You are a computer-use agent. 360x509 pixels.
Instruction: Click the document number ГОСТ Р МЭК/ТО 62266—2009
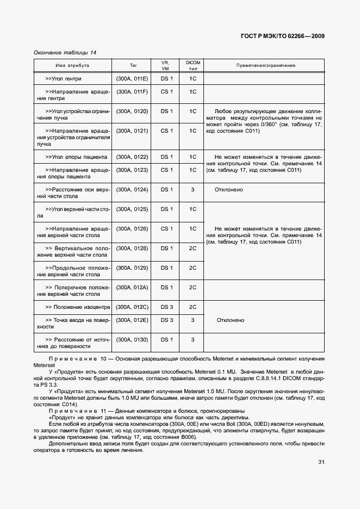(x=283, y=36)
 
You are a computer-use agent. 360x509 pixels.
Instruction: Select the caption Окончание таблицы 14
(x=65, y=52)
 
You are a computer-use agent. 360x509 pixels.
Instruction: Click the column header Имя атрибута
(x=72, y=65)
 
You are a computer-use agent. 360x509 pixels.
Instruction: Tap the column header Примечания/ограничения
(x=265, y=65)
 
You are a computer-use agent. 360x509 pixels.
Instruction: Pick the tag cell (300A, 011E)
(x=132, y=79)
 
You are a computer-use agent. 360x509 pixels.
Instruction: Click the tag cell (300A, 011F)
(x=132, y=92)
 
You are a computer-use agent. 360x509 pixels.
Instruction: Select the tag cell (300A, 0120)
(x=132, y=111)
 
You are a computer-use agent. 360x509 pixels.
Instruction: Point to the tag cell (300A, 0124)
(x=132, y=190)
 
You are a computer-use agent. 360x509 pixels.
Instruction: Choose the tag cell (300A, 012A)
(x=132, y=288)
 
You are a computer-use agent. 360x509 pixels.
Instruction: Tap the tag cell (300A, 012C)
(x=132, y=307)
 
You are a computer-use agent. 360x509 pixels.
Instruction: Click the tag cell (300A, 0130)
(x=132, y=340)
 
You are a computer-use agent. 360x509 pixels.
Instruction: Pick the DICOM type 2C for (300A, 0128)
(x=193, y=249)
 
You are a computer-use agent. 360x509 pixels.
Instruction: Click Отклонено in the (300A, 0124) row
(x=229, y=190)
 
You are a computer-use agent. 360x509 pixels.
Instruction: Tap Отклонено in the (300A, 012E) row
(x=231, y=320)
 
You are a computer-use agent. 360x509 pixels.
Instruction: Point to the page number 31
(x=321, y=463)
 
